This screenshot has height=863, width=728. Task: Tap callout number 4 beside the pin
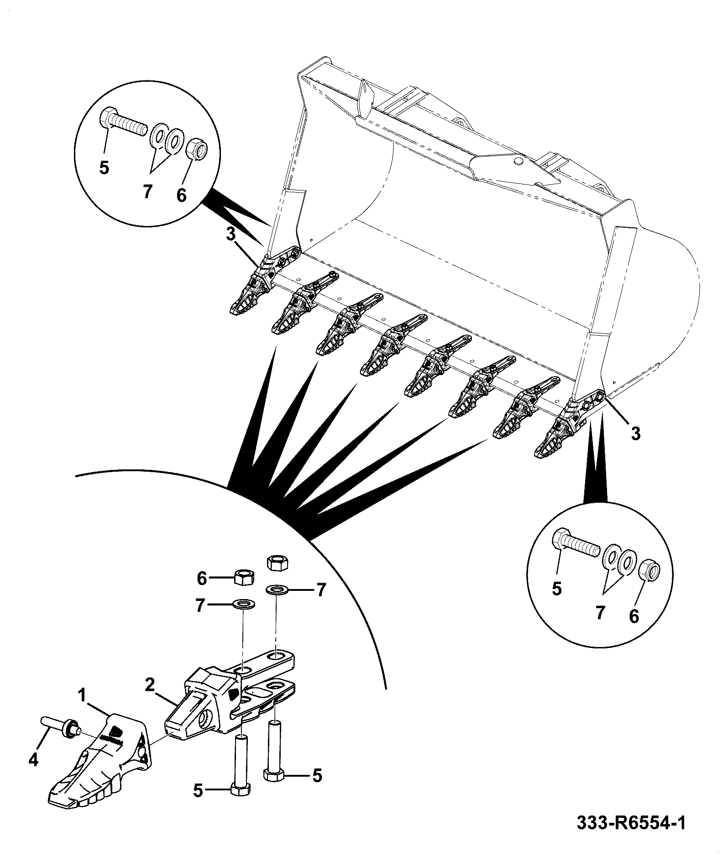[x=33, y=759]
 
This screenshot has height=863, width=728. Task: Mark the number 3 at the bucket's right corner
[x=636, y=433]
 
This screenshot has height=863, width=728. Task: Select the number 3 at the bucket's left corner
[x=231, y=235]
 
